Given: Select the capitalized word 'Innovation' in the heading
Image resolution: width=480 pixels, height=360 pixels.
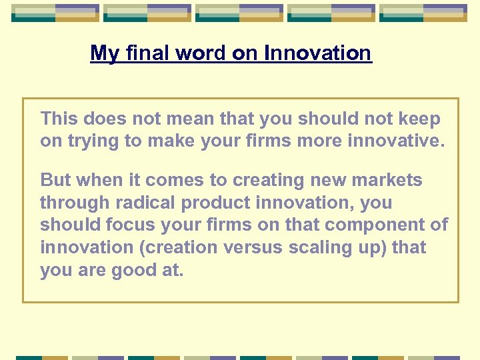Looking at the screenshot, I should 317,53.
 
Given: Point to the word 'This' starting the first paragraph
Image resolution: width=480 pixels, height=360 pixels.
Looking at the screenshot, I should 59,119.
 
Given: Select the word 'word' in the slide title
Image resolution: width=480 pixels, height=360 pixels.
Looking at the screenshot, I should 201,53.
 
